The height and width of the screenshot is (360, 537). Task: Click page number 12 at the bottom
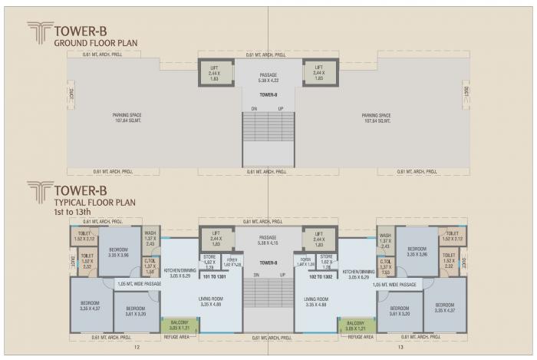[134, 347]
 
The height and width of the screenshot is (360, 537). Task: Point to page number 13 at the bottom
[400, 347]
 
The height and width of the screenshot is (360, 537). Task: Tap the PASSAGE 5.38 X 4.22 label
[268, 78]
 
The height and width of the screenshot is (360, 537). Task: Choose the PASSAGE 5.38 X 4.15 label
[268, 241]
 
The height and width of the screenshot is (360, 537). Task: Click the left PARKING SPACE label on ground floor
[127, 118]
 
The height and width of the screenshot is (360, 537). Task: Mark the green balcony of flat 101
[179, 325]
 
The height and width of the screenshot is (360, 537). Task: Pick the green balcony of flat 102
[355, 325]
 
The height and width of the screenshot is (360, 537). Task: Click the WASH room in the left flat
[150, 239]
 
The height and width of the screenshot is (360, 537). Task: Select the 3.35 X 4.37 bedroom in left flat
[90, 306]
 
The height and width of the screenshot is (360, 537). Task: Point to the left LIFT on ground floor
[215, 73]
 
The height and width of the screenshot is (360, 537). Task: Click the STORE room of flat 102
[326, 260]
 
